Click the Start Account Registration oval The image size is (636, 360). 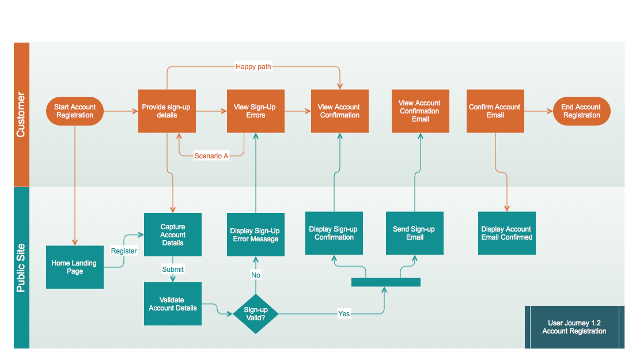74,111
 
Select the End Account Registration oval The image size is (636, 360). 581,111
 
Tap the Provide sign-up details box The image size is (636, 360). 167,111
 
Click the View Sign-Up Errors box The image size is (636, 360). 256,111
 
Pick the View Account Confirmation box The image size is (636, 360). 340,111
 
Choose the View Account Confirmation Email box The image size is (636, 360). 420,111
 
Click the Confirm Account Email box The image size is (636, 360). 495,111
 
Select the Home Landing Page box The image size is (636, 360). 75,267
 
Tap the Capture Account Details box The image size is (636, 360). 173,234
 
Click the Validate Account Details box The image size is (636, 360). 173,304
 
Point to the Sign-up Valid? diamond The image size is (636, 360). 256,314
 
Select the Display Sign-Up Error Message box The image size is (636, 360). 256,234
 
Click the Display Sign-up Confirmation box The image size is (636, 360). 334,233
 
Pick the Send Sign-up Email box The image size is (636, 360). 415,233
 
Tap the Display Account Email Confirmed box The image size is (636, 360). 507,233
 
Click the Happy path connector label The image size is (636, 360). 253,67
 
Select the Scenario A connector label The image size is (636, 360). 211,156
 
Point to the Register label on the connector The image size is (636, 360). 124,251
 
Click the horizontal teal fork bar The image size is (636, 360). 386,282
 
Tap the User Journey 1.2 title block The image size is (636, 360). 574,327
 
